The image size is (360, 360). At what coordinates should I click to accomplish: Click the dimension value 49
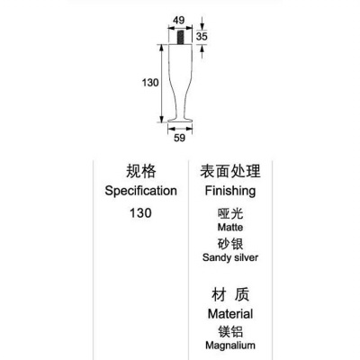[x=179, y=21]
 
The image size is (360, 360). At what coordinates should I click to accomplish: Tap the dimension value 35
[x=202, y=36]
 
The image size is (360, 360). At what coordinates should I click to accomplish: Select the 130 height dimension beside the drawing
[x=150, y=83]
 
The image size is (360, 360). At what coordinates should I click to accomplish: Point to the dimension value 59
[x=179, y=138]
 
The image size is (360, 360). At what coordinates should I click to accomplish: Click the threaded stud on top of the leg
[x=180, y=37]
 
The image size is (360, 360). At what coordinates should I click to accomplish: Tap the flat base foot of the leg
[x=180, y=121]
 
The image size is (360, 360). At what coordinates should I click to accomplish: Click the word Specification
[x=140, y=191]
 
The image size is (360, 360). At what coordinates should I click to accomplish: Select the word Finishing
[x=230, y=191]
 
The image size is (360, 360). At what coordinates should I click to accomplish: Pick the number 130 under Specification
[x=140, y=213]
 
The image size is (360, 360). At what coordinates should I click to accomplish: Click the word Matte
[x=230, y=227]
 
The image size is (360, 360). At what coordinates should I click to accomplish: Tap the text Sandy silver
[x=230, y=257]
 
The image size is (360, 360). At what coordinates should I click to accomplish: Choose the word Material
[x=230, y=314]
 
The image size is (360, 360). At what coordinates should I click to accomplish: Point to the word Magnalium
[x=230, y=346]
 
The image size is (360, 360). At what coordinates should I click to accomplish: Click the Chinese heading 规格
[x=140, y=171]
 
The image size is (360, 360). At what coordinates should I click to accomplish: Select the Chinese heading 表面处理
[x=230, y=171]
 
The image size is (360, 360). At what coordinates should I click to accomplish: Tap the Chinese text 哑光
[x=230, y=214]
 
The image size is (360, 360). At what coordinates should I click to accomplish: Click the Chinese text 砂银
[x=230, y=244]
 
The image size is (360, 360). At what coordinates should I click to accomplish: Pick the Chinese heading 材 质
[x=230, y=294]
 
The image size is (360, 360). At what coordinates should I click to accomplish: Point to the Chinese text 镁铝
[x=230, y=332]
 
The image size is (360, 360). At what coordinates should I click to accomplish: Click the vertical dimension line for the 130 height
[x=162, y=84]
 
